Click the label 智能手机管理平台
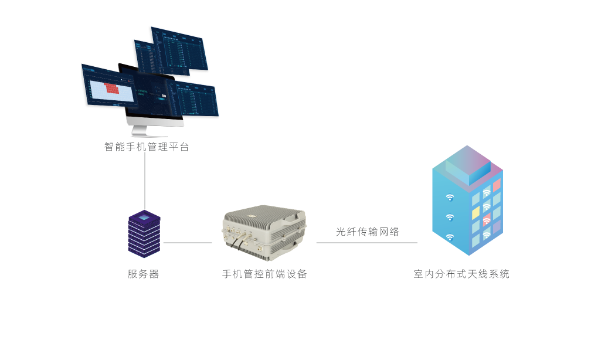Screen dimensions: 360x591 click(147, 147)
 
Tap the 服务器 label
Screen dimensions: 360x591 click(143, 274)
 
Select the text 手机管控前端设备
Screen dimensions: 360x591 click(264, 274)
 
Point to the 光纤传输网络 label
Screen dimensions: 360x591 click(368, 232)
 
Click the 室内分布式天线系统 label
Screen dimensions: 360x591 click(461, 274)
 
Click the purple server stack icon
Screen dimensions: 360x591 click(144, 234)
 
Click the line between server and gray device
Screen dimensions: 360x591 click(188, 242)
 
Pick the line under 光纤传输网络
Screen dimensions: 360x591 click(367, 242)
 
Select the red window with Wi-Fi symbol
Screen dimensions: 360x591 click(487, 220)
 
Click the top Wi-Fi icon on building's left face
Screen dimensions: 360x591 click(450, 198)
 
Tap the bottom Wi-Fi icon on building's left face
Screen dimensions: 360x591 click(450, 237)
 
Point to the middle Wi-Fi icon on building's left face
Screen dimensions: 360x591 click(450, 218)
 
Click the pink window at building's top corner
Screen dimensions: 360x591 click(497, 185)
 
